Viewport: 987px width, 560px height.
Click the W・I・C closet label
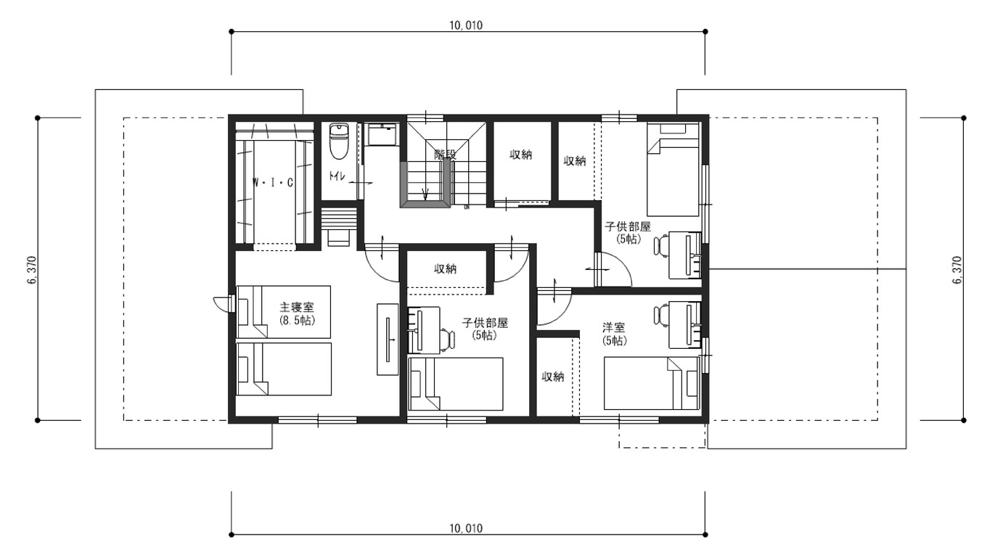[273, 183]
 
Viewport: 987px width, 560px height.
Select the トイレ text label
[336, 176]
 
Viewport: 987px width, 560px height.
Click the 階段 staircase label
[445, 154]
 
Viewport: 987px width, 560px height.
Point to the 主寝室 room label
[296, 307]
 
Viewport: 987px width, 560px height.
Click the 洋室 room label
[614, 327]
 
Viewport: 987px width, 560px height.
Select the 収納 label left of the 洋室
[553, 376]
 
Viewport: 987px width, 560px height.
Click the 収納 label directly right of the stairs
[521, 155]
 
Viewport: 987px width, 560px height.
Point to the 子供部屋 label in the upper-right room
[628, 226]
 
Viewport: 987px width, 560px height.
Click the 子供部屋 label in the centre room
[485, 324]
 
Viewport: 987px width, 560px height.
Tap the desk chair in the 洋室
[660, 316]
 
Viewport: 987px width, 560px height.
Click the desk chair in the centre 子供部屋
[448, 339]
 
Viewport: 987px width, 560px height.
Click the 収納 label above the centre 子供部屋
[446, 269]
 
